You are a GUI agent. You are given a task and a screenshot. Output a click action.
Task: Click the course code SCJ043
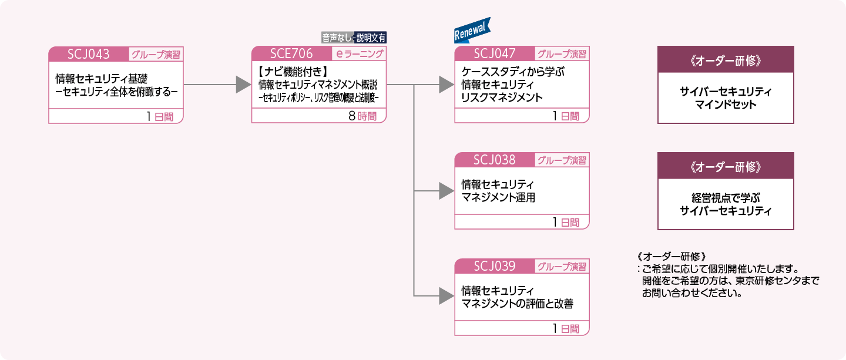pos(89,54)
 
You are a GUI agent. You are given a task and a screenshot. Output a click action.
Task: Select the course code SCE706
pos(291,54)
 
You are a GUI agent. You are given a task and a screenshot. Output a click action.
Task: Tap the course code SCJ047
pos(495,54)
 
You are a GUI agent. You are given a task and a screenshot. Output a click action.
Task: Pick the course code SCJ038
pos(495,160)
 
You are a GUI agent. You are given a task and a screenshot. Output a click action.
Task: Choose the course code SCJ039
pos(495,266)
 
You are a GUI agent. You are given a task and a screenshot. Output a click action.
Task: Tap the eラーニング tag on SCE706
pos(360,54)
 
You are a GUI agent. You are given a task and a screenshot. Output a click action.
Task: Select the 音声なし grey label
pos(337,38)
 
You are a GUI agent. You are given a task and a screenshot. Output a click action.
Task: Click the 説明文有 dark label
pos(371,38)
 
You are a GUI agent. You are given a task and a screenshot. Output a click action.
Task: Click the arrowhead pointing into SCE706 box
pos(243,85)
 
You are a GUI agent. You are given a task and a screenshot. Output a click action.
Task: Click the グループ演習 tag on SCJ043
pos(156,55)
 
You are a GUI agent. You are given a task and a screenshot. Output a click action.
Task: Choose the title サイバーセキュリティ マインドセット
pos(726,99)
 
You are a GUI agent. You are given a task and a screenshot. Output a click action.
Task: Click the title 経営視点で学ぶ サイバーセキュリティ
pos(726,204)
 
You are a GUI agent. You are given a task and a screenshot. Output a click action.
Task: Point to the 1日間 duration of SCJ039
pos(566,329)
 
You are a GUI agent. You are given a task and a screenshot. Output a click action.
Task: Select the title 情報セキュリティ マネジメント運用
pos(498,191)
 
